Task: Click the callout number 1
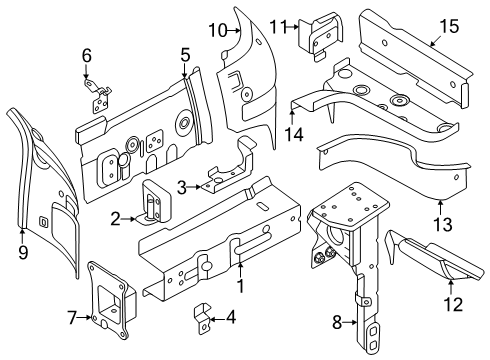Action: point(240,286)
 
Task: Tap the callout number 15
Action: point(449,26)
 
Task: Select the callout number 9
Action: point(23,252)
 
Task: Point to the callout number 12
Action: point(453,304)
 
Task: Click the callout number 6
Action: point(87,56)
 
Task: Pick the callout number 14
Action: point(294,135)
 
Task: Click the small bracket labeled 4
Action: point(203,318)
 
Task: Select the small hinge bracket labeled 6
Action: point(98,96)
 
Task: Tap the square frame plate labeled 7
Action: point(112,299)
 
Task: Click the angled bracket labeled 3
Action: point(230,167)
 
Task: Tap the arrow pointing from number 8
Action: point(350,322)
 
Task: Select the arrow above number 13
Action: point(440,207)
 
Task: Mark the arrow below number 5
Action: point(184,71)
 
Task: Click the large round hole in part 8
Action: point(335,234)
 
